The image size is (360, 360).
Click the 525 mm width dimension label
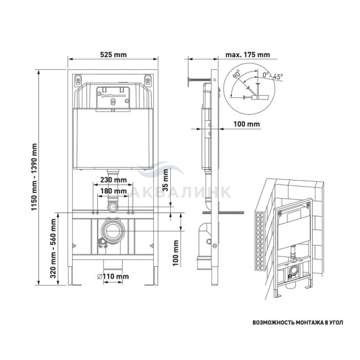tap(114, 55)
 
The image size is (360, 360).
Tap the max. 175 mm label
tap(247, 55)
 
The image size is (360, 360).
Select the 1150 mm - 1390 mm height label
tap(34, 177)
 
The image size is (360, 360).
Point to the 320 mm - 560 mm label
tap(53, 248)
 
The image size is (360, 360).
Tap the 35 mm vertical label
tap(165, 180)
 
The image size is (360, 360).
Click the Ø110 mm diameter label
tap(113, 277)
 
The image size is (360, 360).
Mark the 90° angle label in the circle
tap(237, 74)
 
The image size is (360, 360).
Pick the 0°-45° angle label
tap(273, 76)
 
